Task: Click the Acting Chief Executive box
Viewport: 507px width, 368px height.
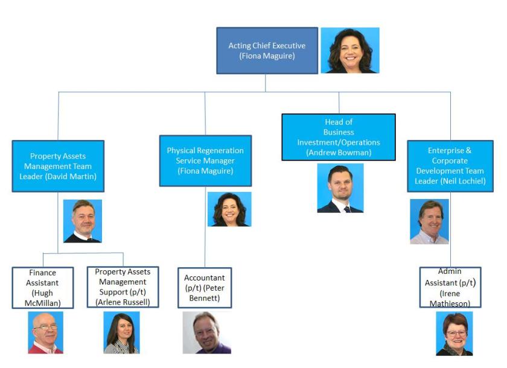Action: pyautogui.click(x=267, y=51)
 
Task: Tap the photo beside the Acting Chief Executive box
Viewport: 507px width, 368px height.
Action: pyautogui.click(x=349, y=51)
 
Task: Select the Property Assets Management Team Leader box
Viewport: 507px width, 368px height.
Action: pyautogui.click(x=58, y=166)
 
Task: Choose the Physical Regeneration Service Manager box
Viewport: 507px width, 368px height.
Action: pyautogui.click(x=205, y=160)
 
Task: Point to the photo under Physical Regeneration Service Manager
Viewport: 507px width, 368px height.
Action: pyautogui.click(x=229, y=209)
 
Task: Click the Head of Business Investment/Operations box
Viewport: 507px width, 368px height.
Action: pyautogui.click(x=339, y=137)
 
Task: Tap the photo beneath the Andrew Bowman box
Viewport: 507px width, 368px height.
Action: pyautogui.click(x=340, y=188)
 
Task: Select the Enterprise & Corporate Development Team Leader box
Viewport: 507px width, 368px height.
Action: pyautogui.click(x=450, y=166)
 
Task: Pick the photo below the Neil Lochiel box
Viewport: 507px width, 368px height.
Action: pyautogui.click(x=429, y=221)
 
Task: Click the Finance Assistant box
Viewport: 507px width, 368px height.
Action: pyautogui.click(x=42, y=288)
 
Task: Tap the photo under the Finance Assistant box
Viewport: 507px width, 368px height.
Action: pyautogui.click(x=45, y=332)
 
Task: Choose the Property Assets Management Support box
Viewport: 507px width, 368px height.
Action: pyautogui.click(x=123, y=287)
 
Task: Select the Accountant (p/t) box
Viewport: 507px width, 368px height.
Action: pyautogui.click(x=205, y=288)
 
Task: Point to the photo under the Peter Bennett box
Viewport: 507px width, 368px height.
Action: pyautogui.click(x=206, y=332)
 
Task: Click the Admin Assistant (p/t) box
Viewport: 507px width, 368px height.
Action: pyautogui.click(x=450, y=287)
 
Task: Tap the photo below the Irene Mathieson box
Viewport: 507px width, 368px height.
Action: pyautogui.click(x=454, y=334)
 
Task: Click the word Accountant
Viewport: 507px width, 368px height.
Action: pyautogui.click(x=205, y=278)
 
